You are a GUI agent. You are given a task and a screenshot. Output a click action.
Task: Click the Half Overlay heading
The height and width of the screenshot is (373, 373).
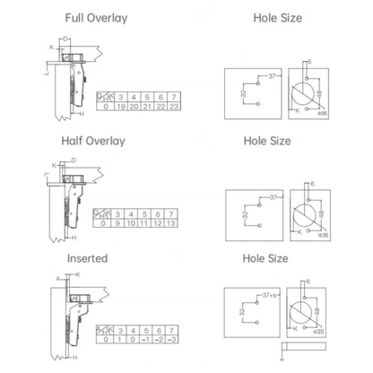click(94, 141)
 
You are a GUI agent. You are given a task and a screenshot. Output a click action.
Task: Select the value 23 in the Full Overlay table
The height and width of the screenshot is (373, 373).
click(174, 106)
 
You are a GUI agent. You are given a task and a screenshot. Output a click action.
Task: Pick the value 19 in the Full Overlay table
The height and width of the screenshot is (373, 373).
click(119, 106)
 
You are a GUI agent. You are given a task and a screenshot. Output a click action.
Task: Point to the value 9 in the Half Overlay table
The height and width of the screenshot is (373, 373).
click(119, 222)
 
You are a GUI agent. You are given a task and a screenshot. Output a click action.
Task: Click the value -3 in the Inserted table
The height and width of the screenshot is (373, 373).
click(173, 341)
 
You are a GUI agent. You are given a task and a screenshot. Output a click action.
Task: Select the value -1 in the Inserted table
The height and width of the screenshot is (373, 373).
click(146, 341)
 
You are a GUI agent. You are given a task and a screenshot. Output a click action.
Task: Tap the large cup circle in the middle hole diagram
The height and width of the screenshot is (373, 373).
click(302, 212)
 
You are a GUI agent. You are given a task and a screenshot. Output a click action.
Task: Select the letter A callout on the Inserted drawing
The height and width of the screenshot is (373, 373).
click(56, 278)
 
